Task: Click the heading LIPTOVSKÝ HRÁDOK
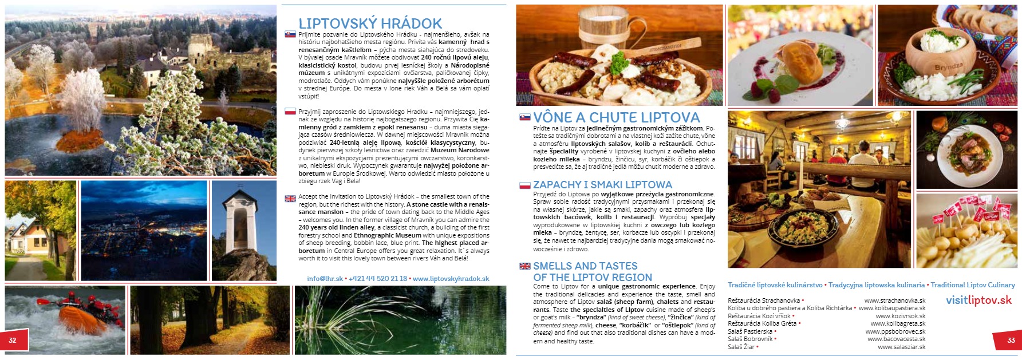[370, 23]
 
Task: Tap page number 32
[12, 340]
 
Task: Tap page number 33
[1011, 340]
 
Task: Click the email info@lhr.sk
[325, 279]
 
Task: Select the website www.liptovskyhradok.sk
[451, 279]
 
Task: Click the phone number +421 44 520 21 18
[378, 279]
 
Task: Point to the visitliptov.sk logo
[978, 300]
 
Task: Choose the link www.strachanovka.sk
[894, 300]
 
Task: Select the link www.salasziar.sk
[901, 347]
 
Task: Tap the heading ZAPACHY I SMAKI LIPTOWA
[602, 185]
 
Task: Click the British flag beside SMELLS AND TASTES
[524, 266]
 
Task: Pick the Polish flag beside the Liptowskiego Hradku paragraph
[290, 112]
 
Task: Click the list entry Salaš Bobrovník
[749, 339]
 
